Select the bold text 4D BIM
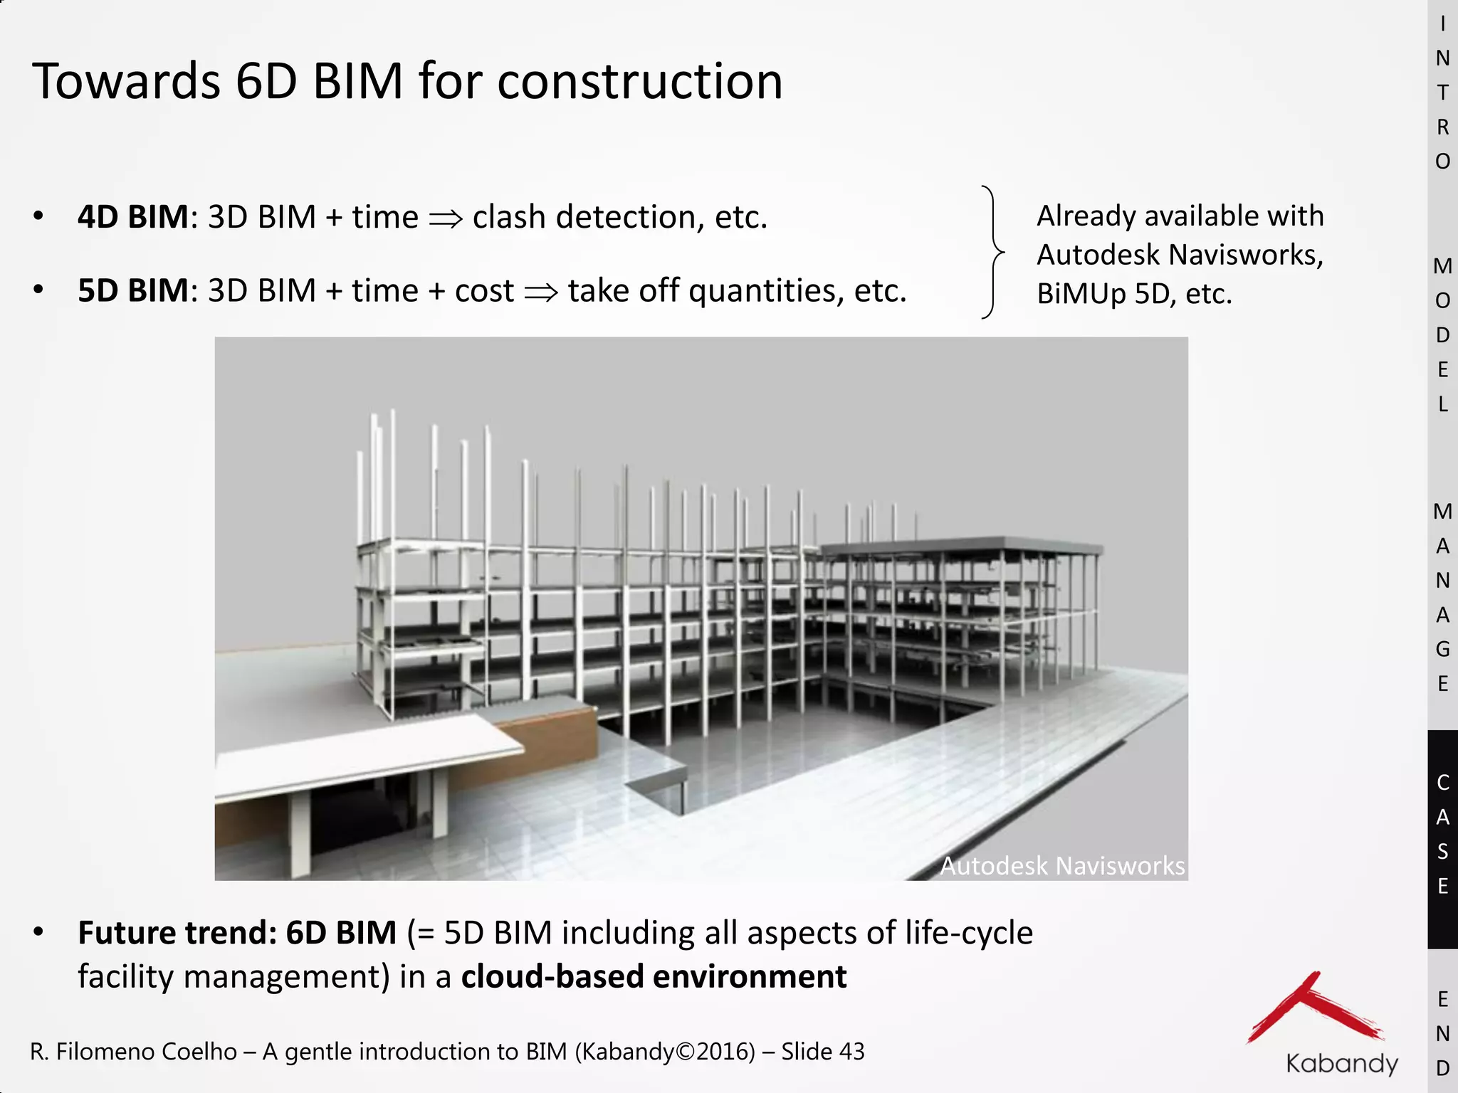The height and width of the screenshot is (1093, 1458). [x=133, y=217]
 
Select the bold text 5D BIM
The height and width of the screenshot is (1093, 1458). [x=133, y=290]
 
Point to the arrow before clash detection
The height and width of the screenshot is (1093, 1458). [x=446, y=218]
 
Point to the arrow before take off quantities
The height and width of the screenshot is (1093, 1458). [x=541, y=292]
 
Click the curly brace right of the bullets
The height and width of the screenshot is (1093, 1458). [x=992, y=252]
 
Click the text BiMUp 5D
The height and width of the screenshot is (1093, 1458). [x=1106, y=293]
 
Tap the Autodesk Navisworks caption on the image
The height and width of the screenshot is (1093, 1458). [x=1062, y=866]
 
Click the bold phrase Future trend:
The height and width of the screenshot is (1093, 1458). [x=177, y=933]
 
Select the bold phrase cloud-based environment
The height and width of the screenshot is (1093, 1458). [x=654, y=976]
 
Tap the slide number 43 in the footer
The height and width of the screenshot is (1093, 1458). [x=851, y=1051]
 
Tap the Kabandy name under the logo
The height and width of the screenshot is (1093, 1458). [x=1342, y=1064]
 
